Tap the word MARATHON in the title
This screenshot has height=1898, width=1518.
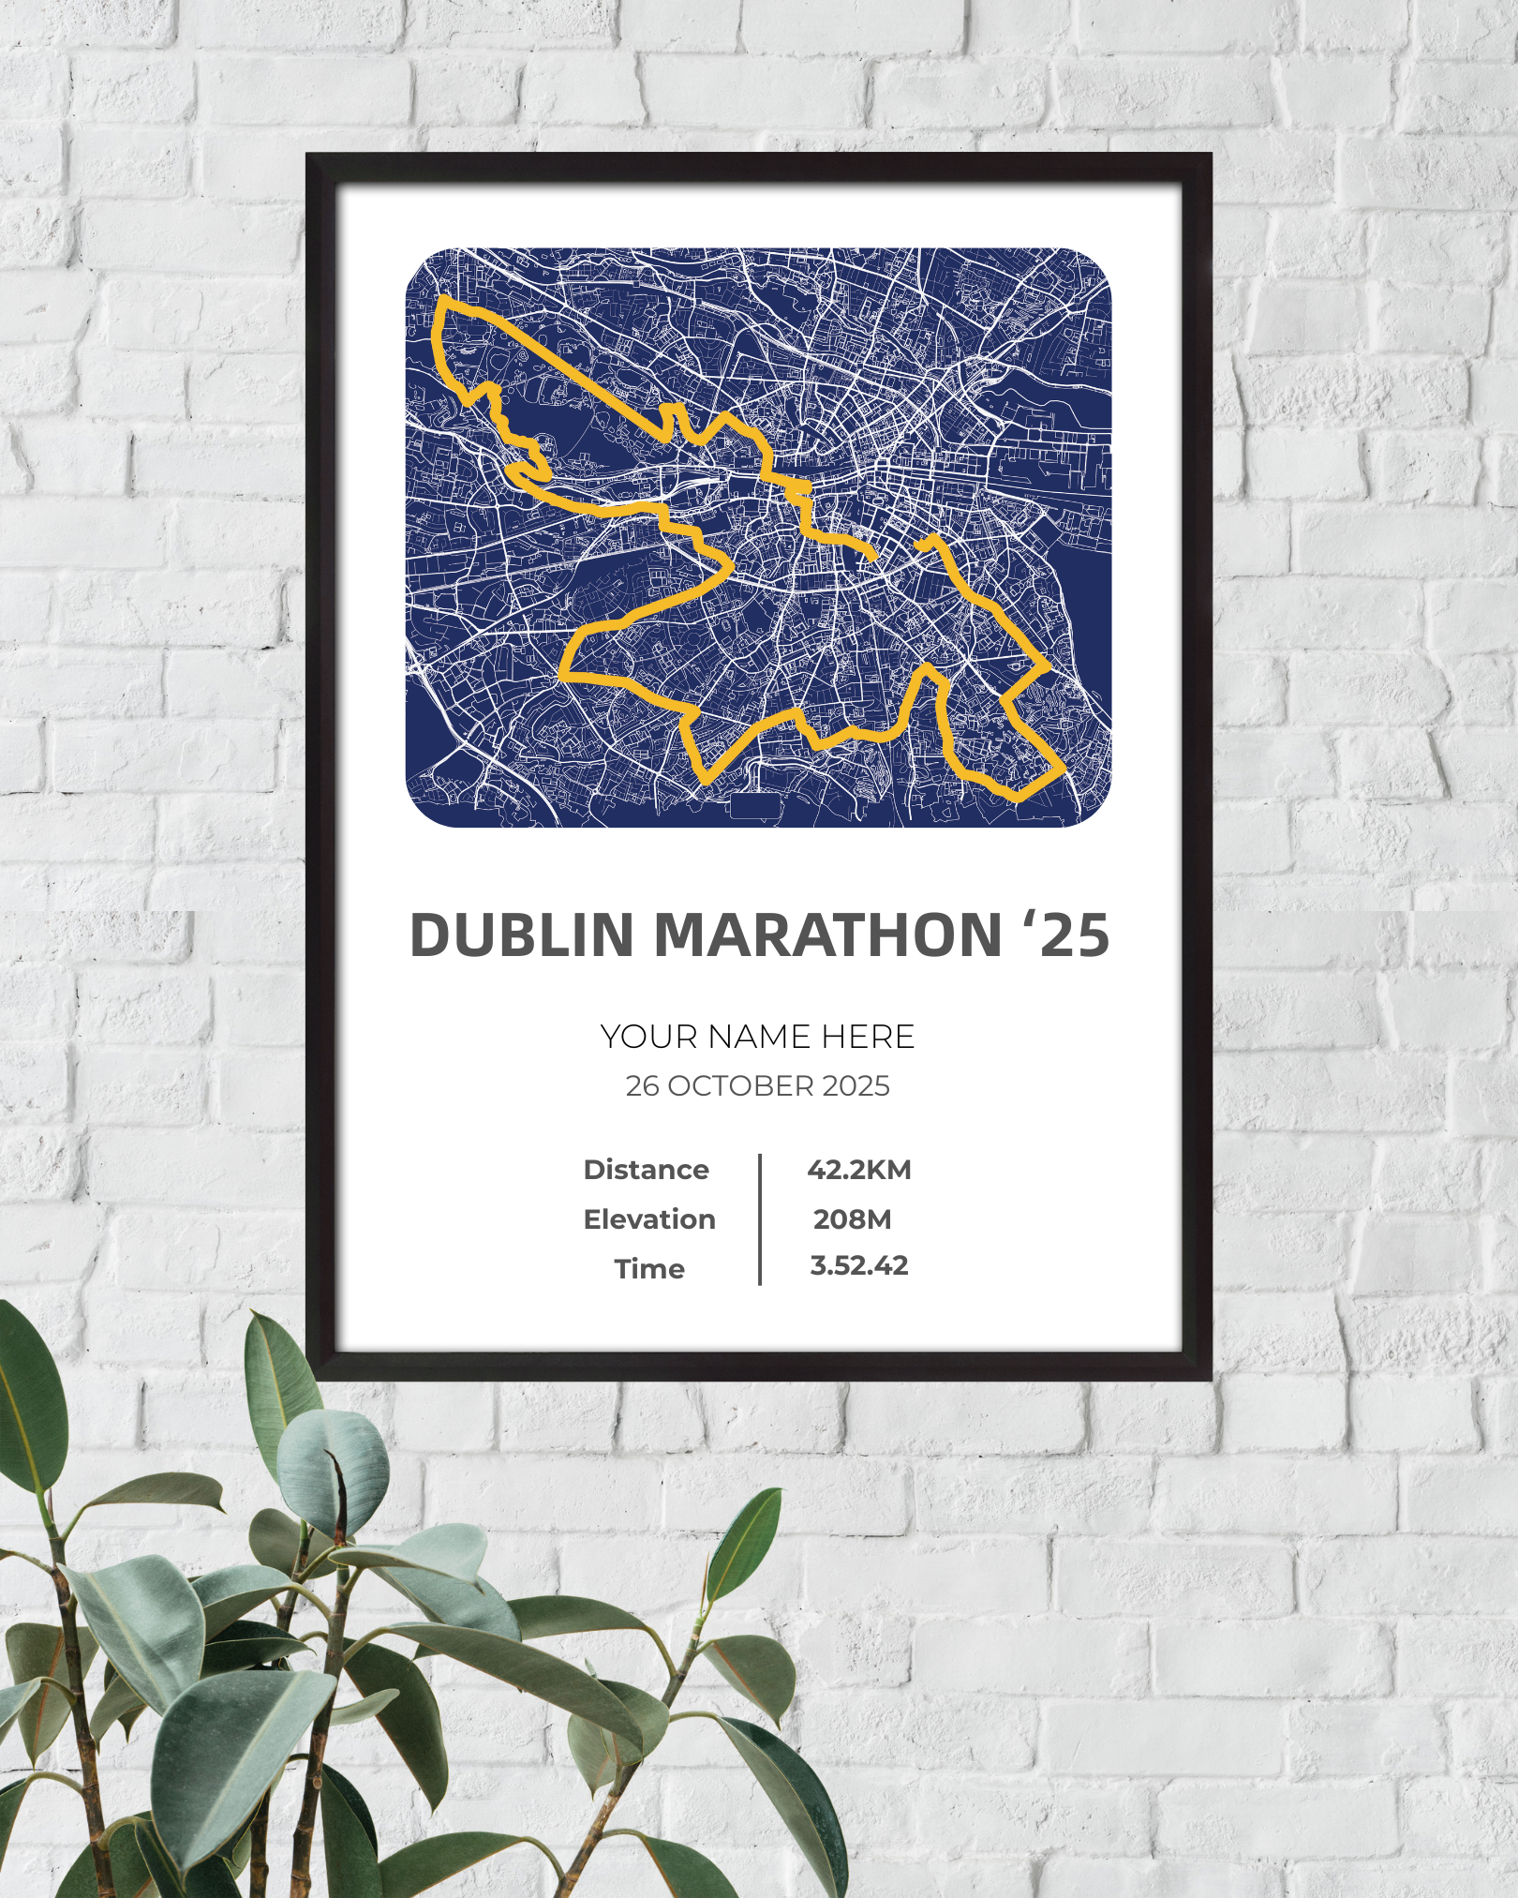[x=828, y=935]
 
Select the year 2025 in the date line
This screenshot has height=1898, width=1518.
[x=856, y=1086]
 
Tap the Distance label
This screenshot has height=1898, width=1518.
[x=646, y=1170]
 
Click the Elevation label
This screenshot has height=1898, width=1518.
[x=648, y=1219]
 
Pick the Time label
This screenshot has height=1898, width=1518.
[x=649, y=1269]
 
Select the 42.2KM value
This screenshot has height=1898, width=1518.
[x=858, y=1170]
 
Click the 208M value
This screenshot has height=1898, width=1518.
[x=852, y=1219]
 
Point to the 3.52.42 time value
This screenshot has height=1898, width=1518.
[x=858, y=1266]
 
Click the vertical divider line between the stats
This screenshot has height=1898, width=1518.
[x=759, y=1218]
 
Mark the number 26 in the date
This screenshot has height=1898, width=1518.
[x=642, y=1086]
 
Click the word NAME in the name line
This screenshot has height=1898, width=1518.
[x=759, y=1037]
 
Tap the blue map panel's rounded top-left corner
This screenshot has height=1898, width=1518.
[x=418, y=262]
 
